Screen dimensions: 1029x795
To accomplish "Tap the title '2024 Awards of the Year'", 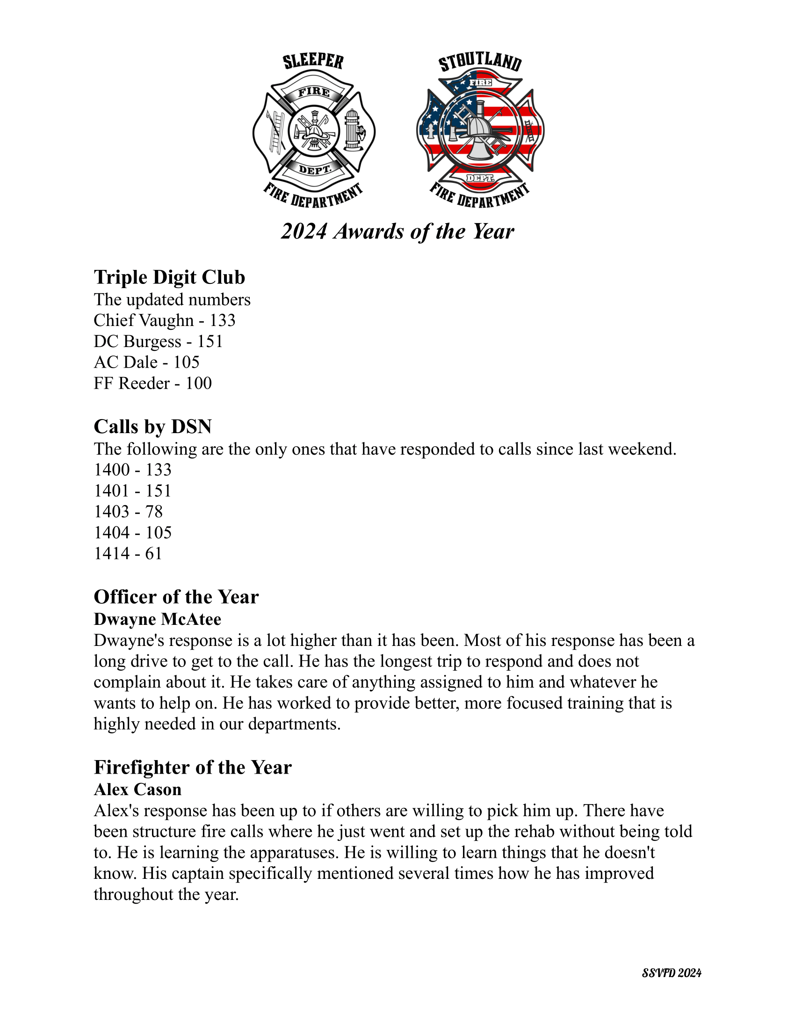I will click(397, 232).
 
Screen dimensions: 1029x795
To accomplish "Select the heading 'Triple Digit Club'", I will click(169, 277).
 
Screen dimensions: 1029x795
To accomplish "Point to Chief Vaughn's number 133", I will click(222, 320).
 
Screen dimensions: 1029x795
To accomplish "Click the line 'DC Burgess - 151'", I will click(158, 341).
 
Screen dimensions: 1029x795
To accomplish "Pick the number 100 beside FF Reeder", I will click(198, 383).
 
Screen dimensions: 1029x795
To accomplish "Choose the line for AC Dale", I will click(146, 362).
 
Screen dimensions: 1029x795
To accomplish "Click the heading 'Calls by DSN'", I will click(152, 427).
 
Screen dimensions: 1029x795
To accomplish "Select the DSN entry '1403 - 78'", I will click(128, 511).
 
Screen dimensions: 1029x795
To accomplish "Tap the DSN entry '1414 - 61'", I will click(128, 553).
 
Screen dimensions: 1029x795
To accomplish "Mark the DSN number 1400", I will click(112, 470).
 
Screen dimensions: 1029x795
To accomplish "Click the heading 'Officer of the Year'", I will click(176, 597).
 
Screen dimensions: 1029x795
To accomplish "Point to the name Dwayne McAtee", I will click(157, 619).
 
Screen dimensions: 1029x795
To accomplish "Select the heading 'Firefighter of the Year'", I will click(193, 767).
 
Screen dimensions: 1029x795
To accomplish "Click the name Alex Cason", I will click(137, 789).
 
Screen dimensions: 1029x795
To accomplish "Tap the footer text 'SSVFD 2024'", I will click(672, 973).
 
